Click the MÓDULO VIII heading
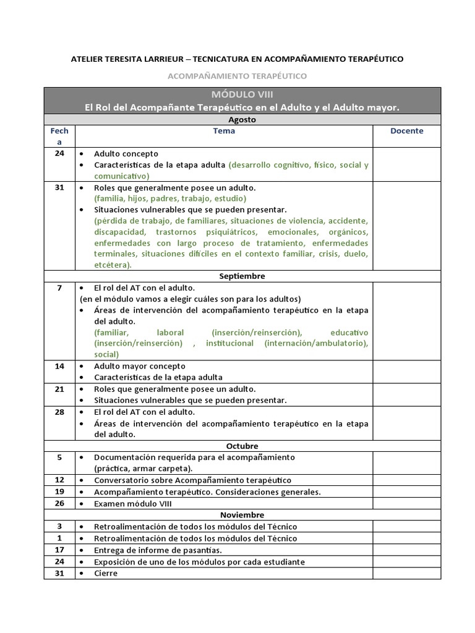[x=242, y=95]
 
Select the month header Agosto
[x=242, y=119]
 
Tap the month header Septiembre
[x=242, y=276]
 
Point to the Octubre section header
[x=242, y=446]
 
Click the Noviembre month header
[x=242, y=515]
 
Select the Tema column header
[x=224, y=131]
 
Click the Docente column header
[x=406, y=131]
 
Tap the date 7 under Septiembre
[x=59, y=288]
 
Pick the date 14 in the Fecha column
[x=59, y=366]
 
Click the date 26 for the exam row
[x=59, y=504]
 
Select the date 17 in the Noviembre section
[x=59, y=550]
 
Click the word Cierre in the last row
[x=106, y=573]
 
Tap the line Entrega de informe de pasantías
[x=158, y=550]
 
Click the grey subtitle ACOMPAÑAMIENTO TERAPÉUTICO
[x=237, y=76]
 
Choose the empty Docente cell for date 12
[x=406, y=480]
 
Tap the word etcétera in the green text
[x=111, y=265]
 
